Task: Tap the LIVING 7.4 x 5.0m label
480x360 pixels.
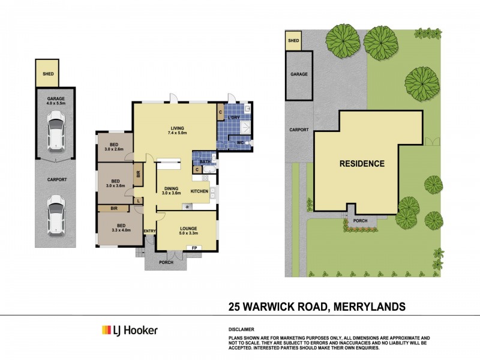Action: [177, 130]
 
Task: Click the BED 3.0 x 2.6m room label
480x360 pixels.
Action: [113, 147]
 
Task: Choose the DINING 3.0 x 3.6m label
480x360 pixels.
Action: [172, 191]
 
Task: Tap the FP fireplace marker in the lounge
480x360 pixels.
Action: [194, 248]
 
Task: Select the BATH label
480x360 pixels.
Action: [205, 161]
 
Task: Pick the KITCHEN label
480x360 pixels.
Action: [199, 191]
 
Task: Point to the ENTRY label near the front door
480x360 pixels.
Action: [149, 231]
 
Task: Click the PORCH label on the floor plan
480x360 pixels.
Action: [166, 262]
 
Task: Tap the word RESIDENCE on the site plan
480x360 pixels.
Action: [362, 163]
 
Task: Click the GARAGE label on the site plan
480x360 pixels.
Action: [299, 74]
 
